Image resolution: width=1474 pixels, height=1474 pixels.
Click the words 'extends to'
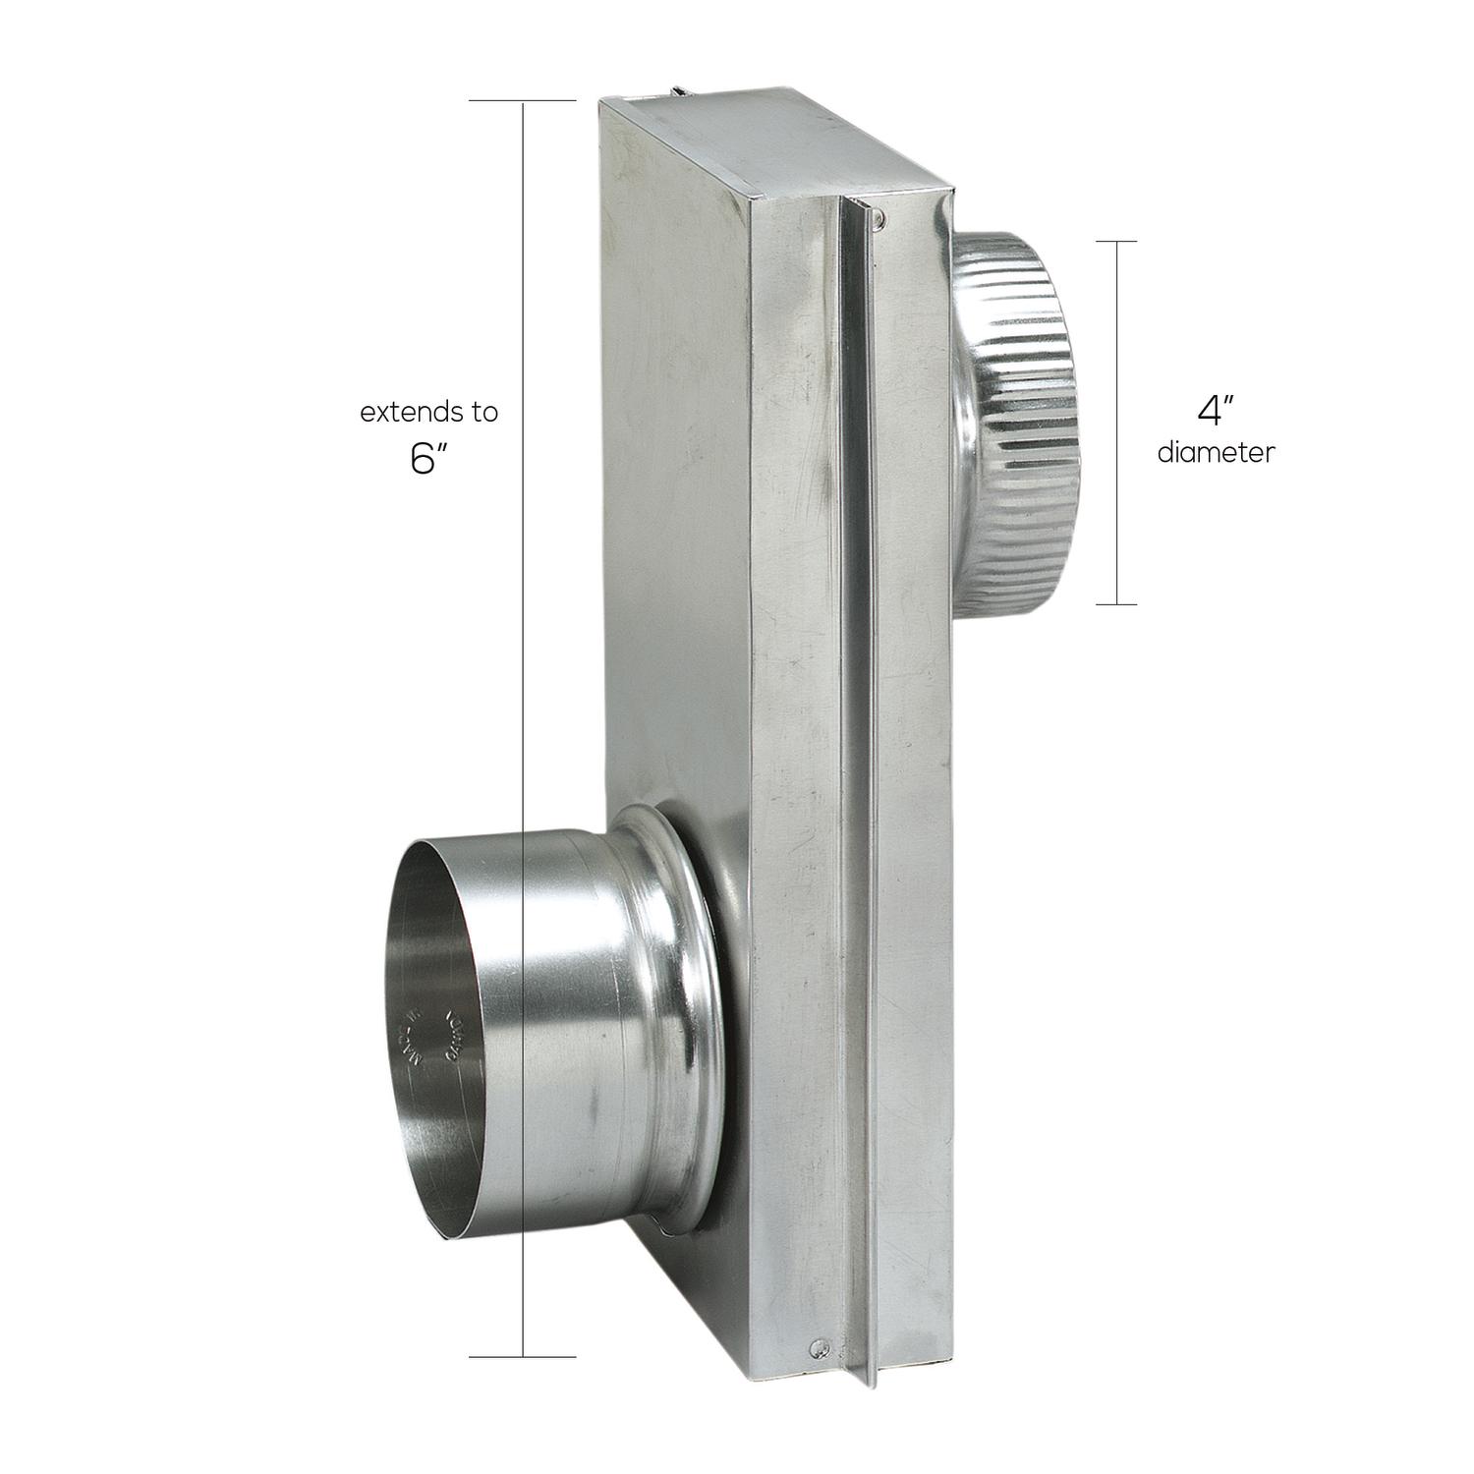(x=428, y=413)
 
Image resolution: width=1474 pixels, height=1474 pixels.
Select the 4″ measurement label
(x=1215, y=410)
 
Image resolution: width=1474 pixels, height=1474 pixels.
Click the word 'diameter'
(x=1216, y=453)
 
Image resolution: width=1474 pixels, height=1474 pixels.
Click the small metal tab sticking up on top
(x=679, y=93)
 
